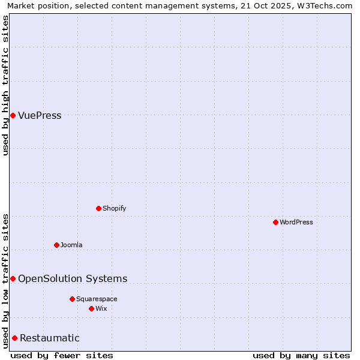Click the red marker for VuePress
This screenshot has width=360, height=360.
click(x=13, y=115)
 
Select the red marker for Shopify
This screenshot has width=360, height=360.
click(x=98, y=208)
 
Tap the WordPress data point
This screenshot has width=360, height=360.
click(x=275, y=222)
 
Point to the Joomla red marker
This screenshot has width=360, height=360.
click(x=56, y=245)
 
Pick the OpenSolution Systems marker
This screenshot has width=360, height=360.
click(x=13, y=278)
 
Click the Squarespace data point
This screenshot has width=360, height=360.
click(x=72, y=299)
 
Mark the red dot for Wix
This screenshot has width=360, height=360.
click(x=91, y=308)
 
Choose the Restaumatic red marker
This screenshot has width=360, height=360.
click(x=14, y=338)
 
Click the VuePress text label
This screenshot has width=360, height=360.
click(x=40, y=116)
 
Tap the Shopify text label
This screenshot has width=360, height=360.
click(x=114, y=209)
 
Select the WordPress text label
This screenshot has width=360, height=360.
click(x=296, y=223)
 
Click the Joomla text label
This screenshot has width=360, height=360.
click(x=71, y=245)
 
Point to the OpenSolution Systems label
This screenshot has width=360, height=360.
click(x=73, y=279)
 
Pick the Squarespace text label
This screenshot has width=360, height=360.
click(x=97, y=299)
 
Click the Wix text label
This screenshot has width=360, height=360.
click(x=101, y=309)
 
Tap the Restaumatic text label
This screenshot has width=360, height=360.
click(x=50, y=338)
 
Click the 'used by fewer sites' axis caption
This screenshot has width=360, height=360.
click(x=62, y=355)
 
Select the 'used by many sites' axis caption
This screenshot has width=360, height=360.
click(x=301, y=355)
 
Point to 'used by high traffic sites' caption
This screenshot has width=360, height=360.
click(x=6, y=86)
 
